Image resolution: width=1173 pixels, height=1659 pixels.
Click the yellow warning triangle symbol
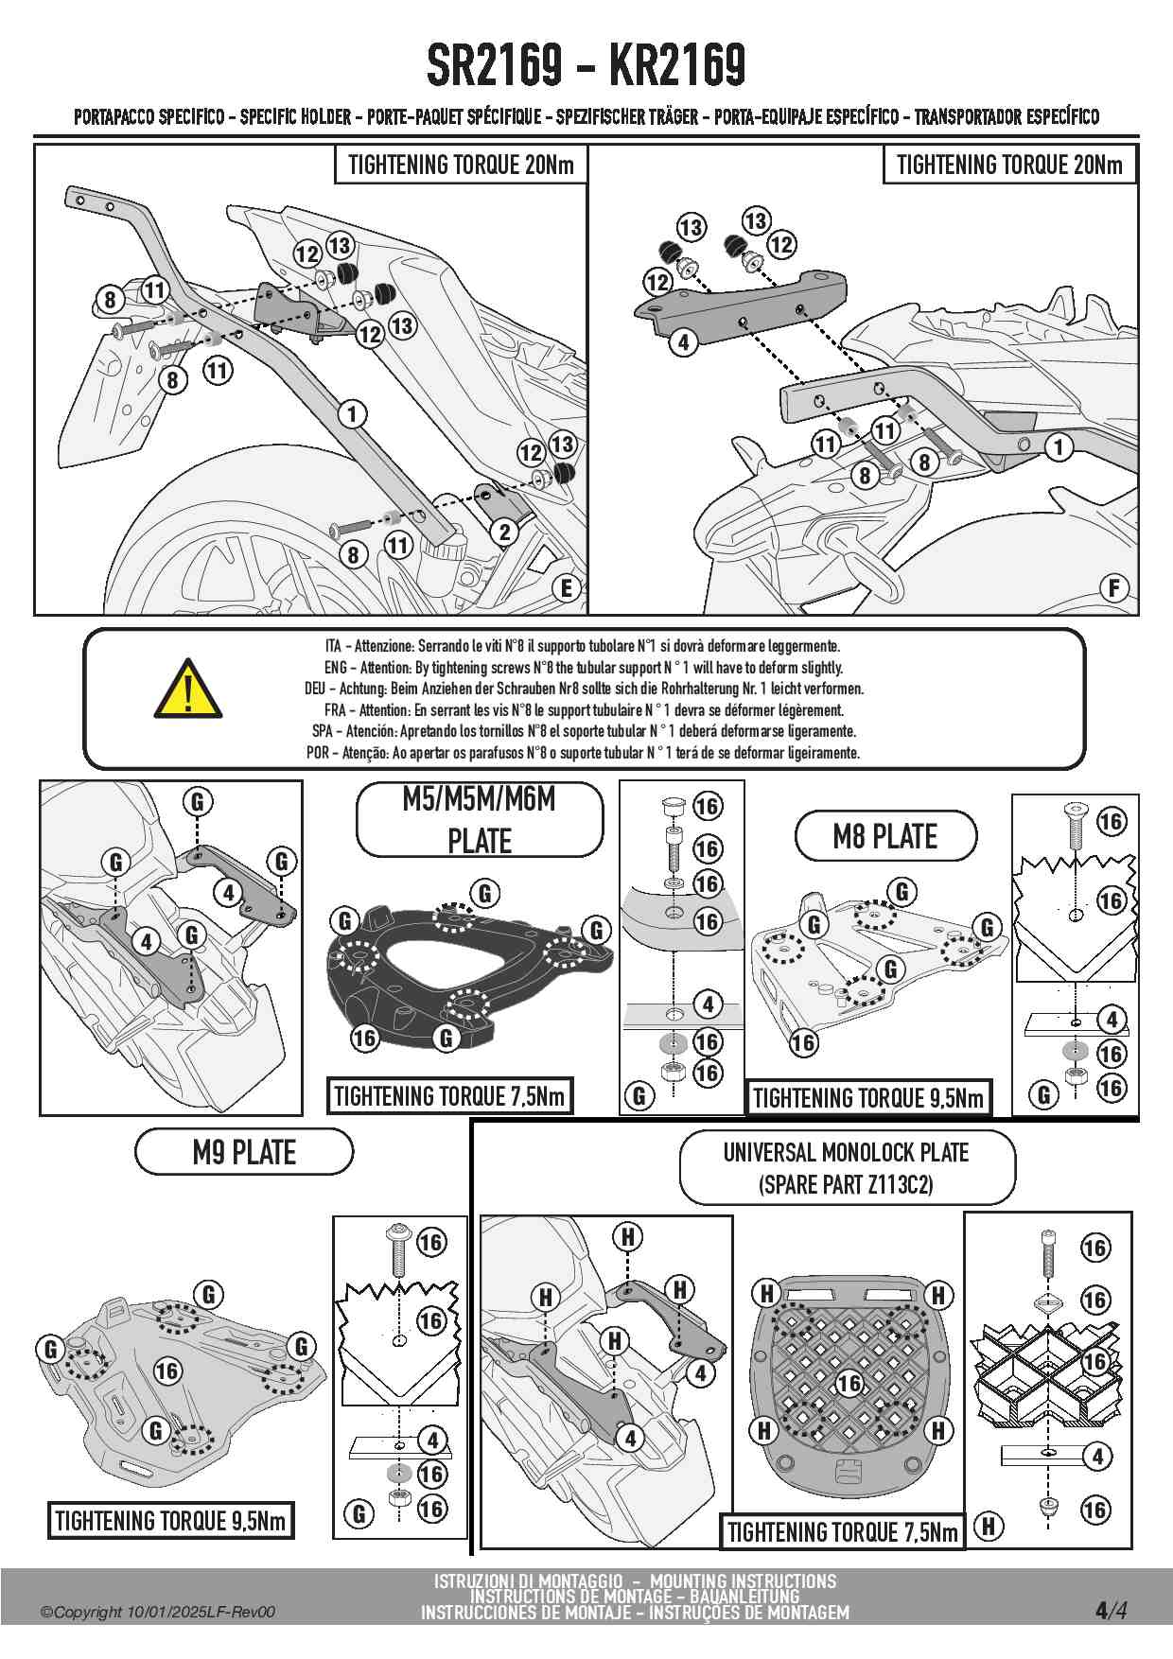point(188,690)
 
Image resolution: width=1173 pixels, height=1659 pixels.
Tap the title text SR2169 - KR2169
point(586,65)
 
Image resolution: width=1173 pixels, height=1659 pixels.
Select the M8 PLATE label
point(884,836)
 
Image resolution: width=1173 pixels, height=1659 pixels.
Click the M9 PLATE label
point(244,1152)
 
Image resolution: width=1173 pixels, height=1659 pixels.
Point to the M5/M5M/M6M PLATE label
point(480,820)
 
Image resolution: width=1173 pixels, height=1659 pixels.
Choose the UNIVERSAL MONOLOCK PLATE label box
point(847,1167)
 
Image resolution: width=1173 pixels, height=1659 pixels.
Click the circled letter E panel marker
point(566,588)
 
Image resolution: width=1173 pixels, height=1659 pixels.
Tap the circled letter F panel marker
point(1114,588)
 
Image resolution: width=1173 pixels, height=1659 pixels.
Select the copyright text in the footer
point(158,1612)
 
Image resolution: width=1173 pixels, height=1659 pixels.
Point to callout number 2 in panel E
point(505,532)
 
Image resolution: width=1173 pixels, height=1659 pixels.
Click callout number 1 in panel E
point(352,413)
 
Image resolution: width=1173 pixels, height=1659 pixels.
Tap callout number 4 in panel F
point(683,341)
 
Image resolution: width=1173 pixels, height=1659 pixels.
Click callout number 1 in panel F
point(1059,446)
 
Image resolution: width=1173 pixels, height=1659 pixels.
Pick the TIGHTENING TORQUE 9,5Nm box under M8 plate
point(867,1098)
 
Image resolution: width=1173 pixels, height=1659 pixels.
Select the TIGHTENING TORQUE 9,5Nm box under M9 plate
point(170,1521)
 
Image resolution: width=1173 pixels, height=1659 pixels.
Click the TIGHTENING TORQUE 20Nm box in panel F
point(1009,165)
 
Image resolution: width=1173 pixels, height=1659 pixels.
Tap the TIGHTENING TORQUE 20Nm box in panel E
point(461,165)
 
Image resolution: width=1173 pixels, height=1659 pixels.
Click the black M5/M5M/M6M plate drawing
point(464,974)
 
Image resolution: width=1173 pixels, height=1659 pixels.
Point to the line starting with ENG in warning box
point(583,668)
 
